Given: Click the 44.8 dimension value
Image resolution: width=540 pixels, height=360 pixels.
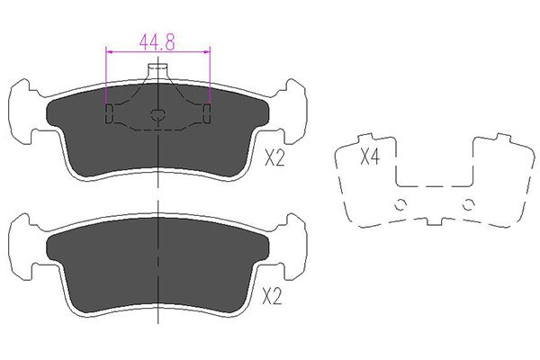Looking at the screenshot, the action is point(157,42).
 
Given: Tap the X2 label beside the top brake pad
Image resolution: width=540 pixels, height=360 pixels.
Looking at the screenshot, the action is point(274,158).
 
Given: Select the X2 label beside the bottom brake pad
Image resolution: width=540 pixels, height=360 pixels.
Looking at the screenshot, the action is point(272,296).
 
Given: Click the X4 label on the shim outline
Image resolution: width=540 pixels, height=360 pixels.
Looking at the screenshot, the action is point(370,157).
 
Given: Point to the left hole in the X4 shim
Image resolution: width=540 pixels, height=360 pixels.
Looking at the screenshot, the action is point(400,204).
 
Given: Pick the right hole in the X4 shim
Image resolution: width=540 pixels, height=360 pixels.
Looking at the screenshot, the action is point(468,204).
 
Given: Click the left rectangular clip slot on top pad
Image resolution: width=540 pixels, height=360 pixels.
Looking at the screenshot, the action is point(109,113).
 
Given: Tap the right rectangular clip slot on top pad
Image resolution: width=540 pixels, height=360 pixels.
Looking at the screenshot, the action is point(207,113).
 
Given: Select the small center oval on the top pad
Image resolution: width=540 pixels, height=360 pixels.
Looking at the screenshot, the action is point(157,114).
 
